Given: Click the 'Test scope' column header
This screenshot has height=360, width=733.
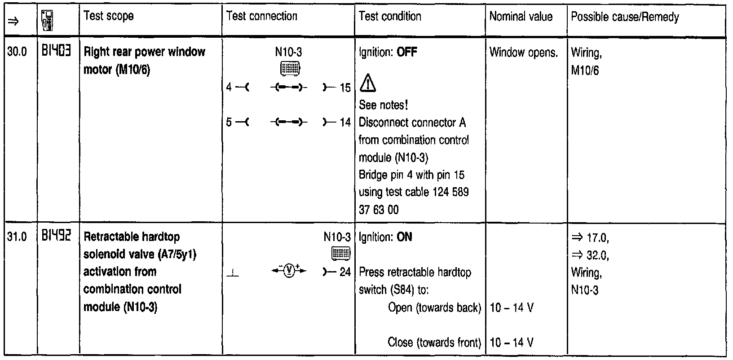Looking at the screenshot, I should (108, 17).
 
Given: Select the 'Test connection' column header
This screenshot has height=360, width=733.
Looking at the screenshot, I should (262, 17).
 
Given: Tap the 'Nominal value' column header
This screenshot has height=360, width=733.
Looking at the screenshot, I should (521, 17).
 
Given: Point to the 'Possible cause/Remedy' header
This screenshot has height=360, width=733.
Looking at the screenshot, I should (624, 17).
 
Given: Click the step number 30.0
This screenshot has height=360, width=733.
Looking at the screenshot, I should (17, 52).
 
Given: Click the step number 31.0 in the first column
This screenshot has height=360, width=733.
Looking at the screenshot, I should (17, 237).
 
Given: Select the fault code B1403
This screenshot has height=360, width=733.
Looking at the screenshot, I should (56, 52).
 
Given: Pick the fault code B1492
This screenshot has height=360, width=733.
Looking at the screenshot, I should (56, 237).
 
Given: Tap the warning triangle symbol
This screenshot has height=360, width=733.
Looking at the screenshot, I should (368, 83).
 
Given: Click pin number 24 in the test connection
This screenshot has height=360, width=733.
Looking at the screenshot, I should (345, 272).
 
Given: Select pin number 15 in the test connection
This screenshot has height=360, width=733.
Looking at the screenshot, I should (345, 88).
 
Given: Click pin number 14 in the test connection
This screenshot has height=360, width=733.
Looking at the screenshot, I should (345, 122).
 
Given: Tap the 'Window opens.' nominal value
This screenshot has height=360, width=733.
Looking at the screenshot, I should (523, 53).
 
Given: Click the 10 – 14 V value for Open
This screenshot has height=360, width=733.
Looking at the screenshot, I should (512, 308).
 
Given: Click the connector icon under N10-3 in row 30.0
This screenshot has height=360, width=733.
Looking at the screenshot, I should (290, 69).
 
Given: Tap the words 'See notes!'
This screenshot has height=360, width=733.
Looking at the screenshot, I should (383, 105).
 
